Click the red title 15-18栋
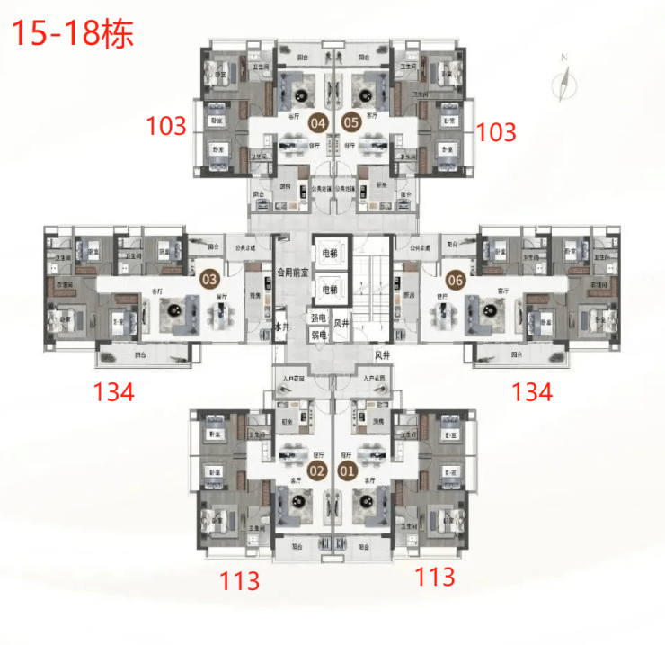point(71,34)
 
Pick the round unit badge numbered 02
point(317,470)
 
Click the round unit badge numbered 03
point(209,279)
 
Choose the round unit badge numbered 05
point(350,121)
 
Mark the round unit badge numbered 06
point(456,279)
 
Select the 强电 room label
point(318,318)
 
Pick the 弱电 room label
point(318,336)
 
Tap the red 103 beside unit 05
point(497,132)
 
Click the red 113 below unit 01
point(434,577)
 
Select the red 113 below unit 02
point(240,580)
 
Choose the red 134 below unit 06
point(532,391)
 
